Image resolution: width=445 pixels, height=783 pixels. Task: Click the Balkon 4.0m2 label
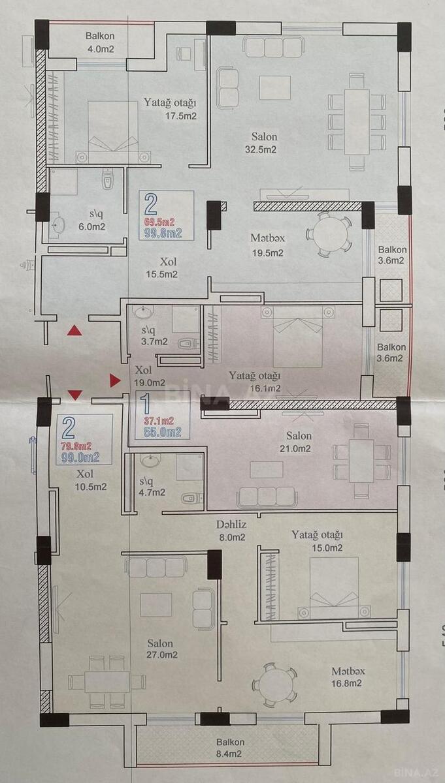[x=100, y=42]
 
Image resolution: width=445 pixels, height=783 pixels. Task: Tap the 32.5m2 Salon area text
[x=261, y=149]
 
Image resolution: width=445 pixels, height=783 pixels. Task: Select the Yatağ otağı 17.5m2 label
[x=171, y=109]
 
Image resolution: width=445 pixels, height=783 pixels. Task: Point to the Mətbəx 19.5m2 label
[x=267, y=245]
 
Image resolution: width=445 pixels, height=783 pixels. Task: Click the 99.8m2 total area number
[x=163, y=233]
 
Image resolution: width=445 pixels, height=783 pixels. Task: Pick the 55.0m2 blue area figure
[x=163, y=433]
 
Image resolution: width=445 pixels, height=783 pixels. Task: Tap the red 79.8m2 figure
[x=76, y=446]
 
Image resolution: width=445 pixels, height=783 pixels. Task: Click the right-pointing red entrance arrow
[x=115, y=380]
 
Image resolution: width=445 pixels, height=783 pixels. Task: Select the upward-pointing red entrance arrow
[x=74, y=330]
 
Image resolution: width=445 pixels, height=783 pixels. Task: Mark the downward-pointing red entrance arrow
[x=74, y=395]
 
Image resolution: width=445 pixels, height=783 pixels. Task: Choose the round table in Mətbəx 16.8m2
[x=275, y=685]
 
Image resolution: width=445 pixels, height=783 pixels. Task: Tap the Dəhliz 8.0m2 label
[x=231, y=530]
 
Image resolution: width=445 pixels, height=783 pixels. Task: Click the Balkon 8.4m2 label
[x=229, y=748]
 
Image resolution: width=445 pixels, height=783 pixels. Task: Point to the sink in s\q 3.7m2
[x=144, y=312]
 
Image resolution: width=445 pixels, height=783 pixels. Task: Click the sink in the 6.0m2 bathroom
[x=57, y=225]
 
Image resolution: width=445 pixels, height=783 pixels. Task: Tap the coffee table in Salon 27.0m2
[x=156, y=604]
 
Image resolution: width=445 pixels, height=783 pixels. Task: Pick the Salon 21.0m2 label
[x=295, y=442]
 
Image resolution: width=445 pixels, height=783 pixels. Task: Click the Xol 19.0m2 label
[x=150, y=376]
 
